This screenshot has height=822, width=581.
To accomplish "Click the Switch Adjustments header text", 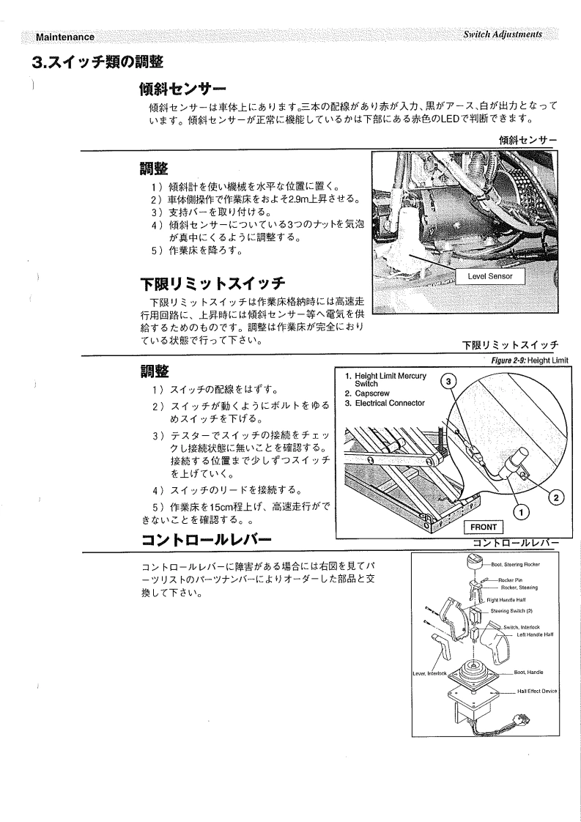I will click(497, 35).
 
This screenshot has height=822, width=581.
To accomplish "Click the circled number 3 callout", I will click(451, 380).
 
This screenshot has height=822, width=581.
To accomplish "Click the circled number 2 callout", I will click(555, 497).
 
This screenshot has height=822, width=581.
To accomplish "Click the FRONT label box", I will click(484, 527).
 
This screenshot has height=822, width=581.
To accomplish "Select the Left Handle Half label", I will click(539, 634).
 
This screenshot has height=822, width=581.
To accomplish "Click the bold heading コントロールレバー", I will click(207, 541).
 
